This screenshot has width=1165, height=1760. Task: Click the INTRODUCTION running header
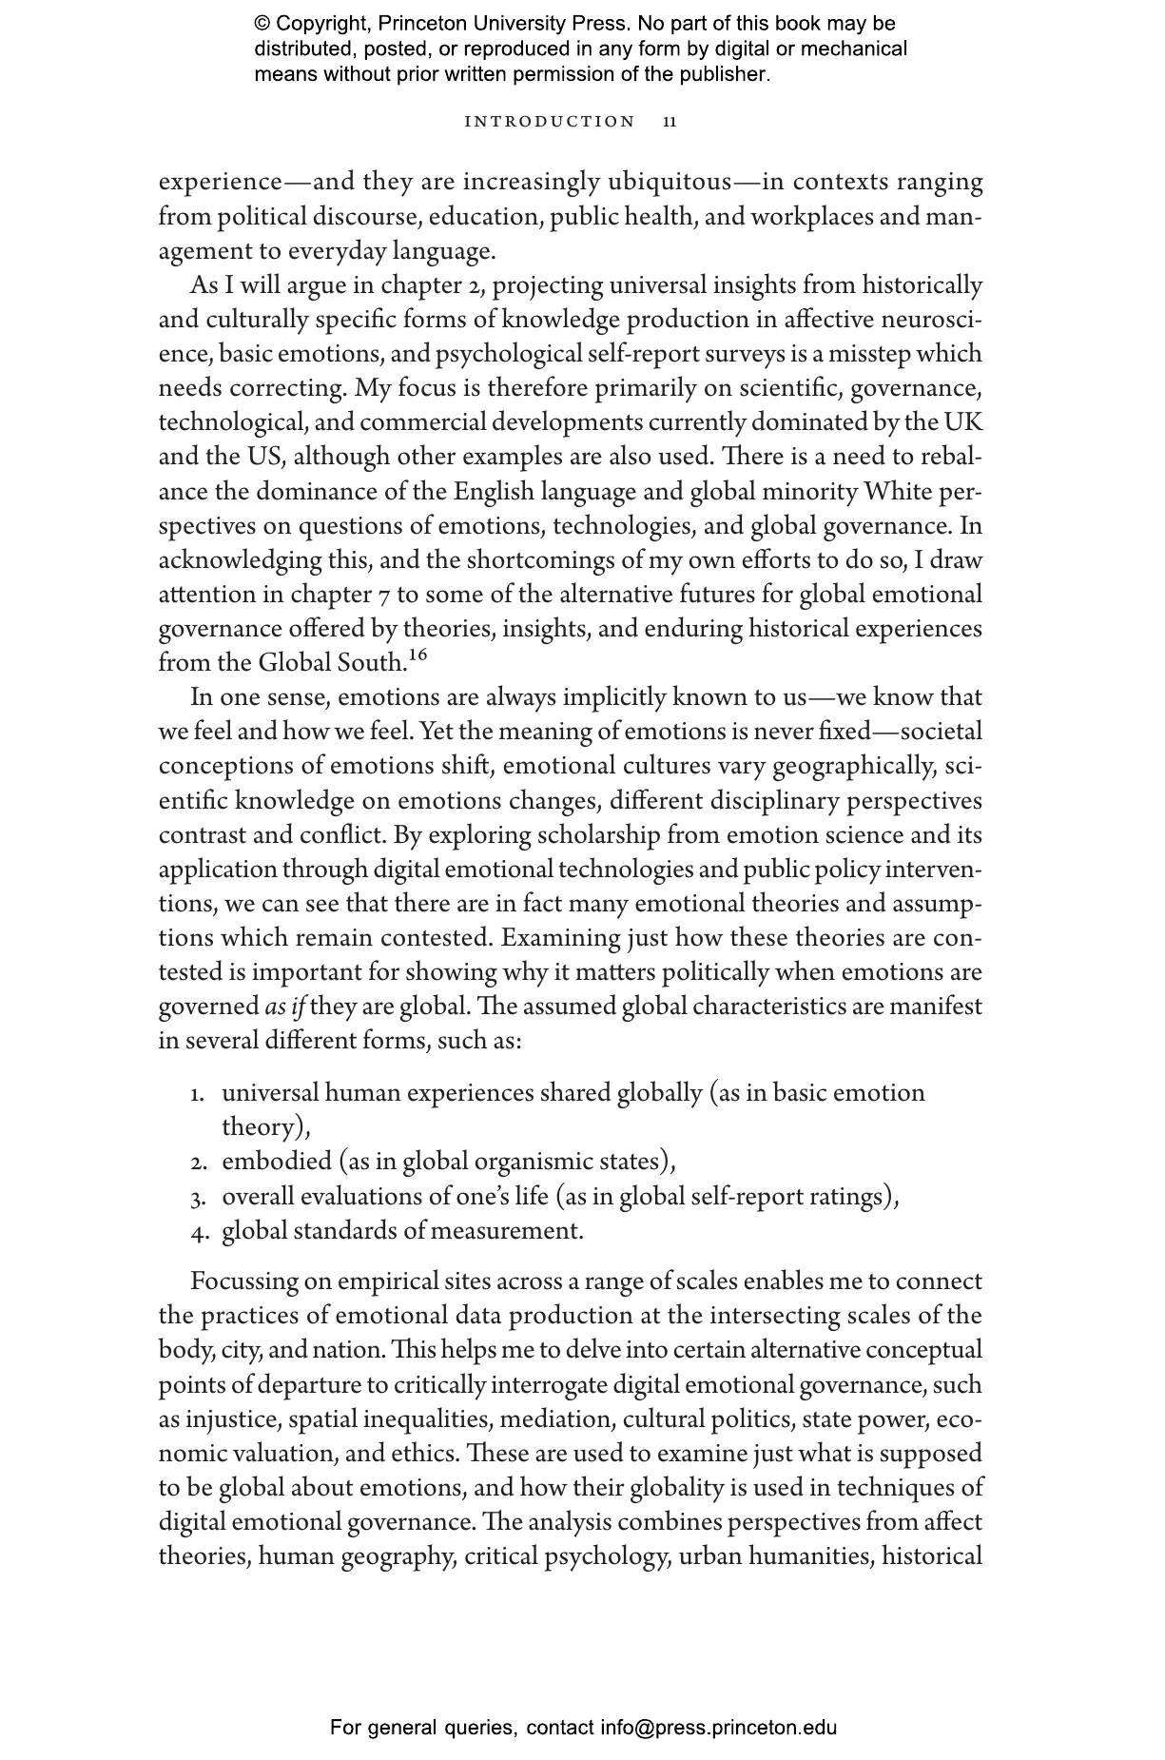(x=550, y=122)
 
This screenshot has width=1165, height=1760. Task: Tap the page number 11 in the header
(x=670, y=122)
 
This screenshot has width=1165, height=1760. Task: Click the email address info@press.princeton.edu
(x=718, y=1728)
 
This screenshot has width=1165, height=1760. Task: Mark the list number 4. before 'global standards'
(x=199, y=1232)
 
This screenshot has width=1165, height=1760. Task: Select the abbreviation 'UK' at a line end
(x=963, y=422)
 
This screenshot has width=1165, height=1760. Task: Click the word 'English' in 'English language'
(x=494, y=492)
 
